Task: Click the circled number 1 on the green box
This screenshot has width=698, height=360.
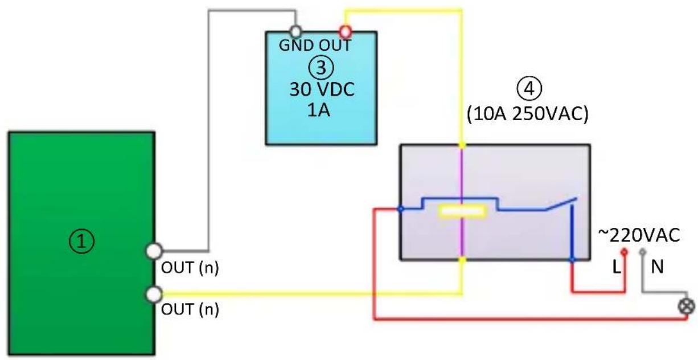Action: tap(81, 241)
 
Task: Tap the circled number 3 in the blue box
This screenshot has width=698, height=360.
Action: tap(321, 67)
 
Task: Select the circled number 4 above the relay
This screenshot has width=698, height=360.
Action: tap(529, 88)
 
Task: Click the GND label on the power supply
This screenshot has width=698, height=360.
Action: tap(292, 46)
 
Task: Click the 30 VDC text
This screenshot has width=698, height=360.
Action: tap(322, 89)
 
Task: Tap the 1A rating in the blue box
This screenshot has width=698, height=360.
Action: tap(318, 110)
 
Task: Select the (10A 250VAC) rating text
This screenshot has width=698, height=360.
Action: tap(527, 113)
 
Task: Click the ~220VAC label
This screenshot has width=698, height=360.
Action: tap(639, 235)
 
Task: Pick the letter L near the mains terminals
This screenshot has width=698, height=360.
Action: tap(617, 267)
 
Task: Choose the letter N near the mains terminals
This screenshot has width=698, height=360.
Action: tap(657, 267)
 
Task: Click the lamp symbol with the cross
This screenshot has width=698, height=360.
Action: tap(686, 306)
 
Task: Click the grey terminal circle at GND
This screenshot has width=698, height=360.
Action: tap(295, 31)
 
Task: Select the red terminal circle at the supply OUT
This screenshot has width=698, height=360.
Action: tap(345, 31)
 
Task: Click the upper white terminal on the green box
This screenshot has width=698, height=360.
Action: tap(154, 251)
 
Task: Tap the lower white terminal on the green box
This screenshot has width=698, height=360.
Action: tap(154, 294)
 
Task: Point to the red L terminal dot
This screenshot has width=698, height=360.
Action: tap(624, 252)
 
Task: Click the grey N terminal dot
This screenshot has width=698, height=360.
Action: tap(643, 252)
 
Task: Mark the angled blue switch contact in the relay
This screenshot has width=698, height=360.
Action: tap(561, 204)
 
